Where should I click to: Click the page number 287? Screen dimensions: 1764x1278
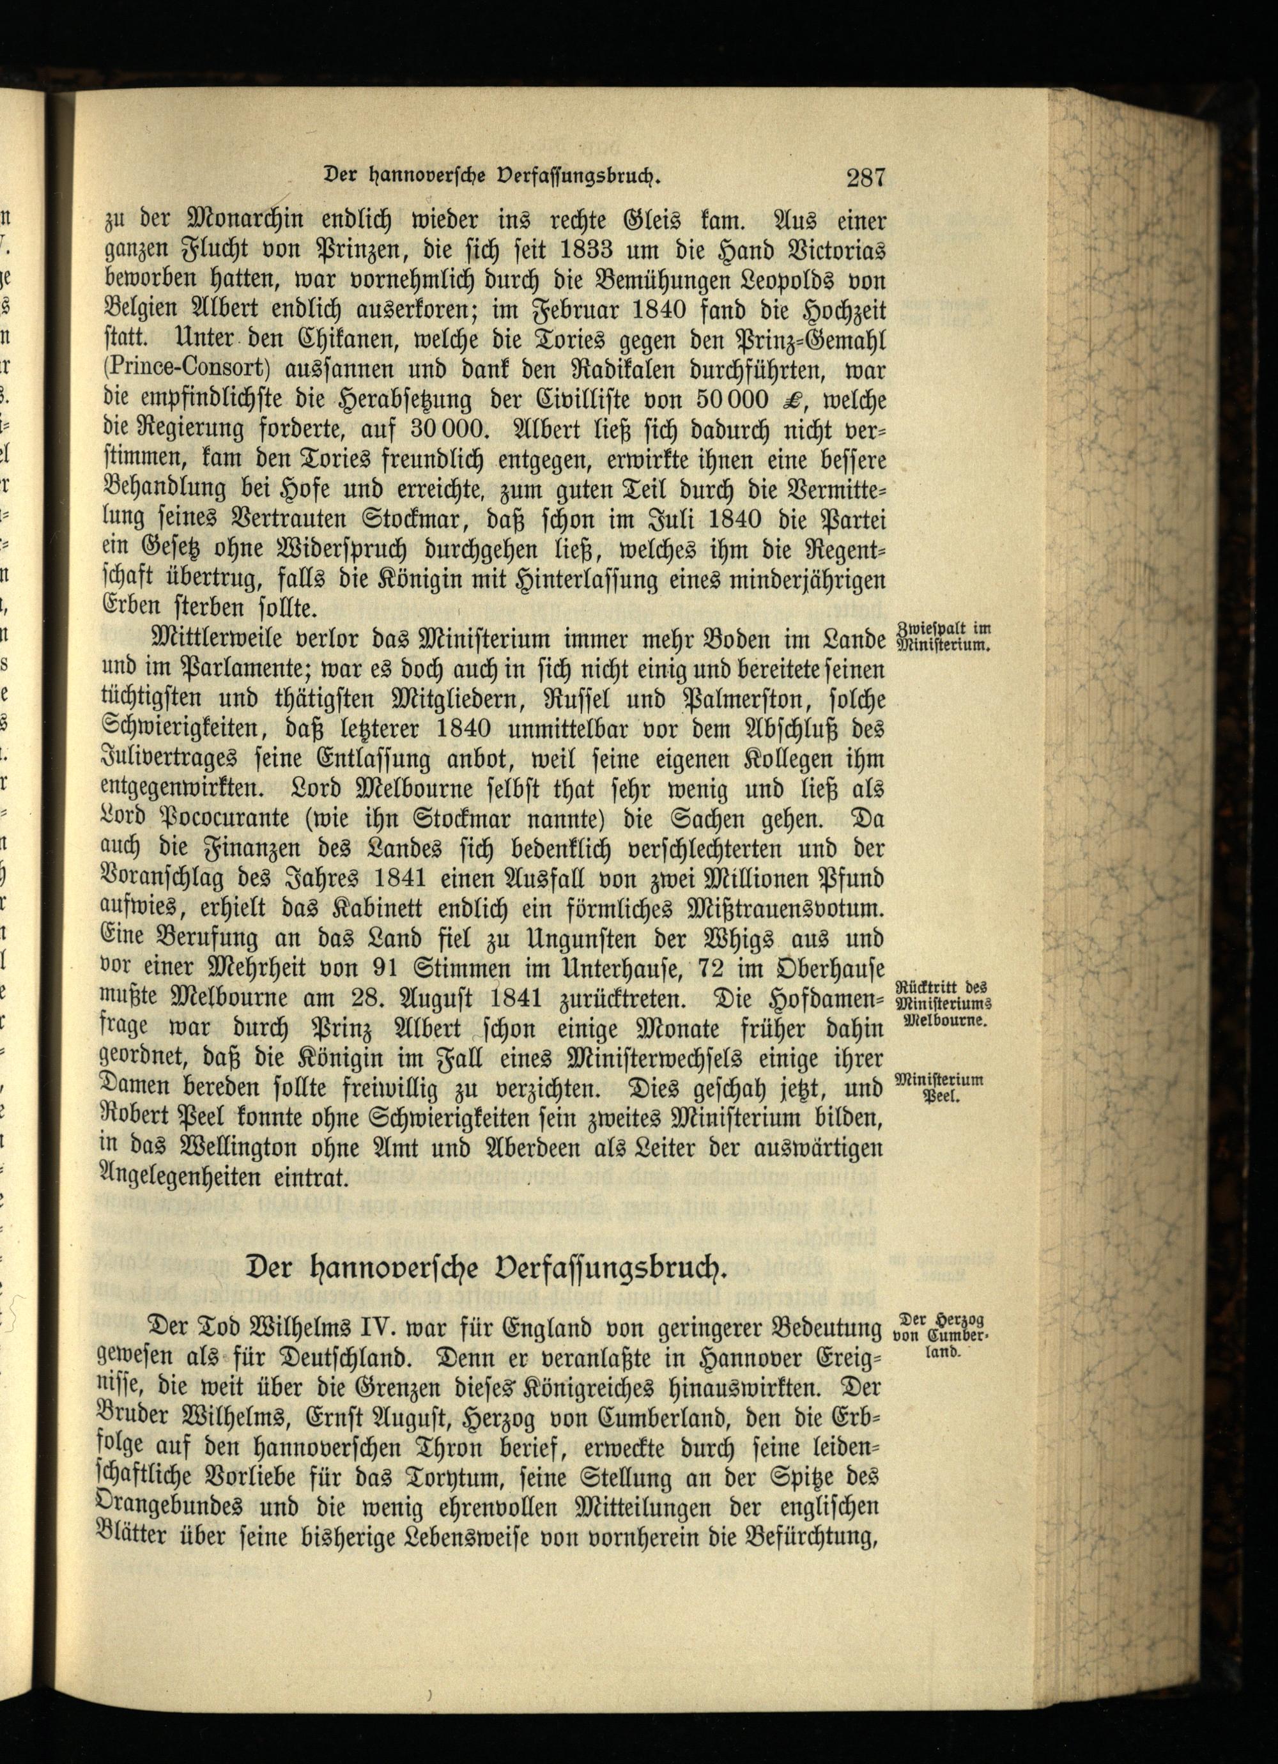click(x=863, y=178)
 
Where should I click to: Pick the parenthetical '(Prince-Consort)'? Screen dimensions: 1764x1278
click(x=176, y=369)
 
